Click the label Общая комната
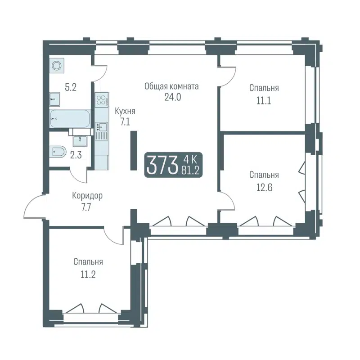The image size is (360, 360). (171, 86)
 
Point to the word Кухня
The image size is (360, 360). (125, 111)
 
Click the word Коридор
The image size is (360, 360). (87, 196)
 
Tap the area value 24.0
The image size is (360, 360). (172, 97)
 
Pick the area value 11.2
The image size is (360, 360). (89, 273)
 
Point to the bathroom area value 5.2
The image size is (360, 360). (70, 87)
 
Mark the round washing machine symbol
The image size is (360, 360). (57, 66)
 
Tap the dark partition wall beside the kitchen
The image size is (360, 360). (134, 150)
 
